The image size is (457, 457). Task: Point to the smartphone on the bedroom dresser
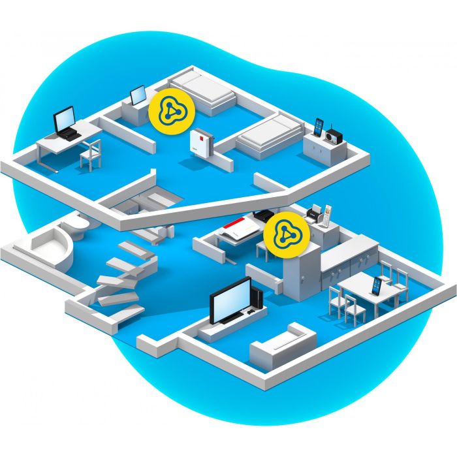tap(319, 127)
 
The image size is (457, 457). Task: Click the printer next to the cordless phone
tap(313, 213)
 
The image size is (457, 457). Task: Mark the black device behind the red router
tap(262, 215)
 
